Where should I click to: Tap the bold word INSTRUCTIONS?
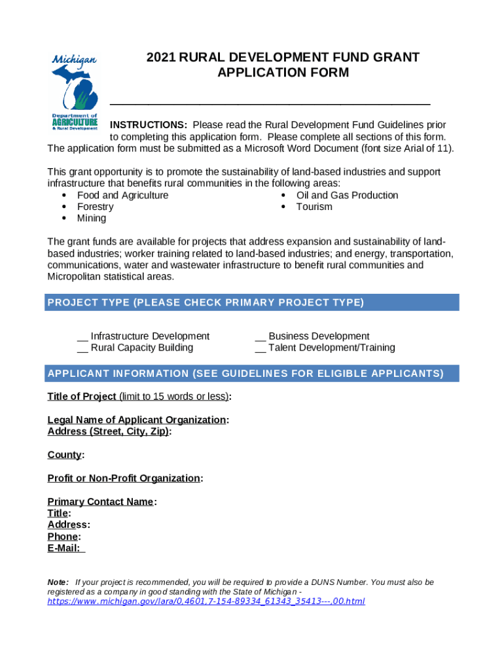coord(149,125)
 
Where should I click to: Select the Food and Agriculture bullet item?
coord(122,196)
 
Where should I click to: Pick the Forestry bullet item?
coord(95,207)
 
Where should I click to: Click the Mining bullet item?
coord(91,219)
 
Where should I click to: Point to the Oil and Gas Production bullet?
coord(347,196)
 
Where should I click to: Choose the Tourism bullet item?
coord(314,207)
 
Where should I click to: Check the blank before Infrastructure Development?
coord(82,337)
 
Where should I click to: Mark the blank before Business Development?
coord(260,337)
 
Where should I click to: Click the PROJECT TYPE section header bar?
coord(252,302)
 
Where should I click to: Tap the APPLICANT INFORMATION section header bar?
coord(252,374)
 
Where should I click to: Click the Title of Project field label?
coord(82,397)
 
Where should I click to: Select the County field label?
coord(65,455)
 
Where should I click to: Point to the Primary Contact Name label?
coord(100,502)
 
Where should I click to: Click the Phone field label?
coord(63,537)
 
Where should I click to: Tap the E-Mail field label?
coord(64,548)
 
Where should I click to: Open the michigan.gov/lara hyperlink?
coord(206,601)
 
